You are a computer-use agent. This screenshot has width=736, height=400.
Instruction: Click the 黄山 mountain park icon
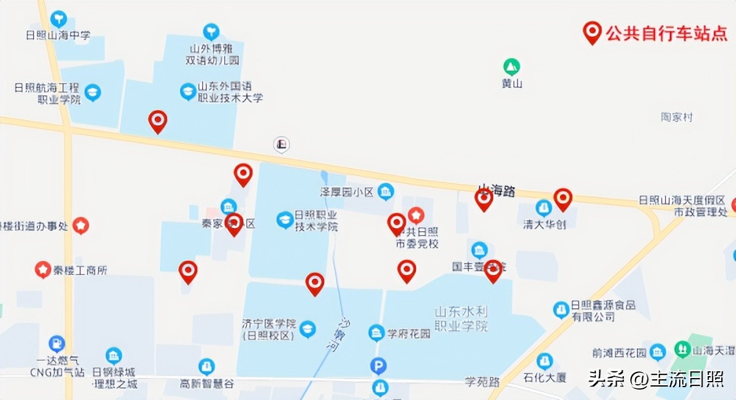coord(511,66)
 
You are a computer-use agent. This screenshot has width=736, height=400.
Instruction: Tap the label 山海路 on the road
coord(496,191)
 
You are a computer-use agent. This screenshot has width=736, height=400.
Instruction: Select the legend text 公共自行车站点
coord(666,34)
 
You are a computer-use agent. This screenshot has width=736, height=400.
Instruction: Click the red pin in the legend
coord(591,32)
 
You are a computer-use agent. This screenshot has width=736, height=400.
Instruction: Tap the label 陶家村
coord(677,117)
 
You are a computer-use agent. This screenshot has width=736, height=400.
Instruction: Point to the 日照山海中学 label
coord(58,35)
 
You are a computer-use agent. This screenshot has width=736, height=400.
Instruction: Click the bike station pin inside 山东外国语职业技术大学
coord(158,121)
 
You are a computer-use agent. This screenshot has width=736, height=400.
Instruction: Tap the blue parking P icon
coord(379,366)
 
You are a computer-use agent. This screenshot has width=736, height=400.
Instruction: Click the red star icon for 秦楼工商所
coord(42,269)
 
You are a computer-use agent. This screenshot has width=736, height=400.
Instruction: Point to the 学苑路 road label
coord(482,382)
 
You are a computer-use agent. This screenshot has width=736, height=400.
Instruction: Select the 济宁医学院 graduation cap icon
coord(307,329)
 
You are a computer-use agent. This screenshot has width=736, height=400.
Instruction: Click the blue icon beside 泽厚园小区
coord(386,192)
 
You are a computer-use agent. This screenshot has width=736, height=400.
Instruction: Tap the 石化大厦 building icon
coord(544,361)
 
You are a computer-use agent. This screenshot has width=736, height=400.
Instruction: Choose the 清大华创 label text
coord(544,224)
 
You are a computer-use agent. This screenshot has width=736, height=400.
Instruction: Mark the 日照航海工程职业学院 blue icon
coord(93,93)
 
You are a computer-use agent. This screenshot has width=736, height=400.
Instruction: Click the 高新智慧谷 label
coord(207,383)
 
